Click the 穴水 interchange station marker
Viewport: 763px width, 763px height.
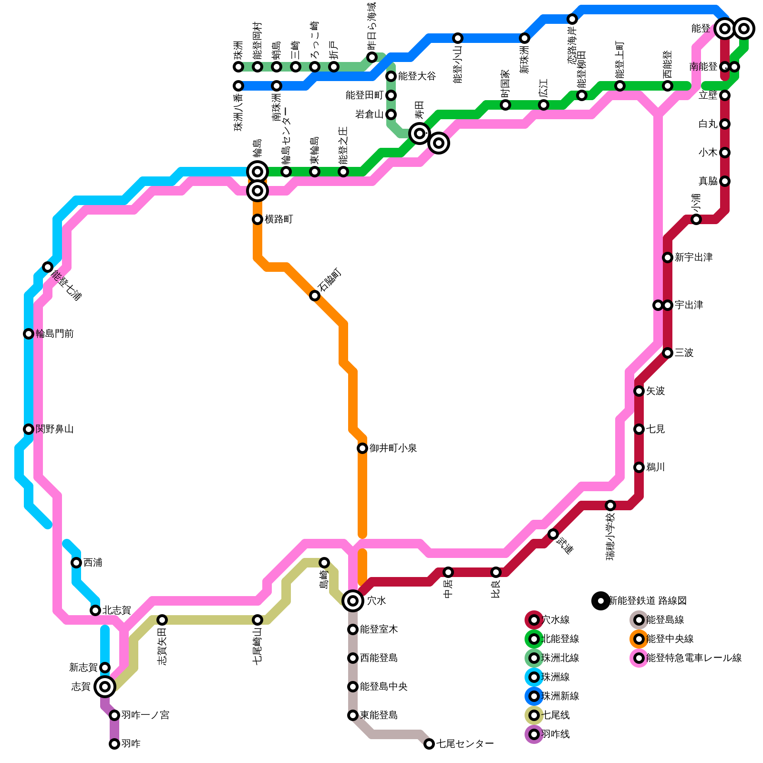[353, 601]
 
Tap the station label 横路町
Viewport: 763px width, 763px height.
[278, 219]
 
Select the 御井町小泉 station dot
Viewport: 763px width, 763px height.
[362, 448]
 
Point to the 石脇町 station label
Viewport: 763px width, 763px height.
[330, 280]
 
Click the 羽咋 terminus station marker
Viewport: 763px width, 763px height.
[114, 744]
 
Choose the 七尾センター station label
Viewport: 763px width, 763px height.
[465, 744]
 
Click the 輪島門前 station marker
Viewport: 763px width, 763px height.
[29, 334]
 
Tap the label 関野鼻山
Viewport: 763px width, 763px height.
[54, 429]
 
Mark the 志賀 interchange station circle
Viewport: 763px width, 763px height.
[105, 687]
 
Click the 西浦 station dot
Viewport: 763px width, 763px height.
[76, 563]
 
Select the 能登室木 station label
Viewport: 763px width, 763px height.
[379, 629]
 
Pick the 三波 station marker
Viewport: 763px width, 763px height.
[668, 353]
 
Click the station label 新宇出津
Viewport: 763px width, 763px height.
[693, 258]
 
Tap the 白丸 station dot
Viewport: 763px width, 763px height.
[725, 124]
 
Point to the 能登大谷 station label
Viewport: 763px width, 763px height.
[417, 76]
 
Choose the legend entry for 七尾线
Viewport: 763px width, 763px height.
[556, 715]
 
